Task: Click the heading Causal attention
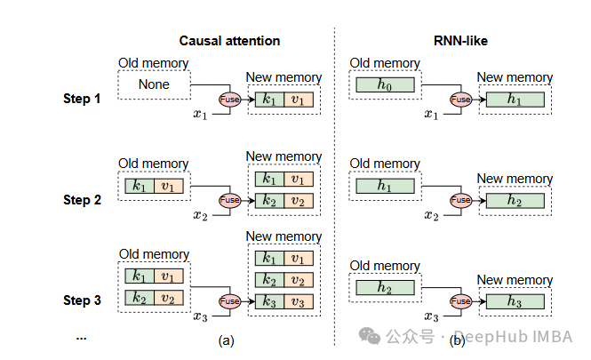coord(229,41)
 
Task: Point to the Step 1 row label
coord(89,99)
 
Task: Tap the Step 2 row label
coord(89,200)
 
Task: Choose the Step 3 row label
coord(89,300)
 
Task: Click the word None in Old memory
coord(153,85)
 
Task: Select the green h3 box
coord(515,301)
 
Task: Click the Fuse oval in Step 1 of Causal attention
coord(229,100)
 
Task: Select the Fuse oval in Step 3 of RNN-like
coord(460,301)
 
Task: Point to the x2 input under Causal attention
coord(201,215)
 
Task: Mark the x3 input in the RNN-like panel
coord(431,316)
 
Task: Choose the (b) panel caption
coord(458,339)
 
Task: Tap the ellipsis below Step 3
coord(82,337)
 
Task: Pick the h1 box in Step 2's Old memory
coord(385,187)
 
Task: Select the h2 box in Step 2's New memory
coord(515,201)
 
